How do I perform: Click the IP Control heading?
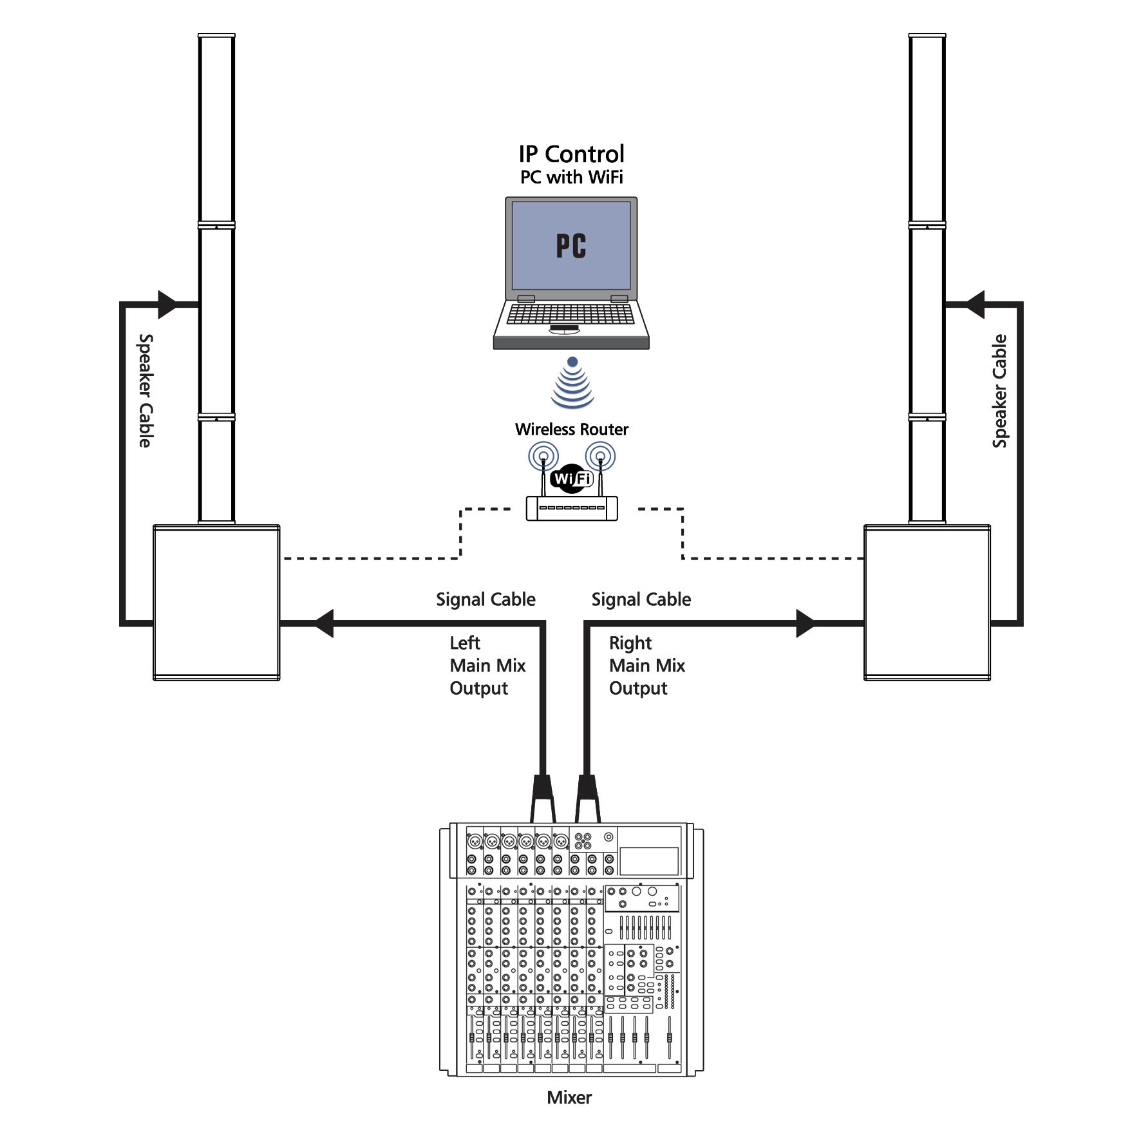(x=571, y=154)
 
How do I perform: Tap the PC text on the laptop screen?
(x=571, y=246)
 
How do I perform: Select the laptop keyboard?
(x=570, y=314)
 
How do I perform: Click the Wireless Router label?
(x=571, y=429)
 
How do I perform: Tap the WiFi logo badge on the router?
(x=572, y=479)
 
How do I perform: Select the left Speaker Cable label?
(x=146, y=390)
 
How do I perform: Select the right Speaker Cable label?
(x=999, y=390)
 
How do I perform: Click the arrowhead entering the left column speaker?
(x=167, y=305)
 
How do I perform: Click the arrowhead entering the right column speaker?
(x=976, y=305)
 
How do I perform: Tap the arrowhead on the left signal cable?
(x=324, y=623)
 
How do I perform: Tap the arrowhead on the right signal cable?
(x=805, y=623)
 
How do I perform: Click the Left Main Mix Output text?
(x=487, y=665)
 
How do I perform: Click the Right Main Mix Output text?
(x=646, y=665)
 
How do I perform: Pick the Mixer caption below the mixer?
(x=569, y=1097)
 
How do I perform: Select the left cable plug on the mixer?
(x=543, y=797)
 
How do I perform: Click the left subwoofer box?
(x=216, y=602)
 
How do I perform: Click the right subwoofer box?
(x=927, y=602)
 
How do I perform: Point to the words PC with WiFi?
(x=571, y=177)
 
